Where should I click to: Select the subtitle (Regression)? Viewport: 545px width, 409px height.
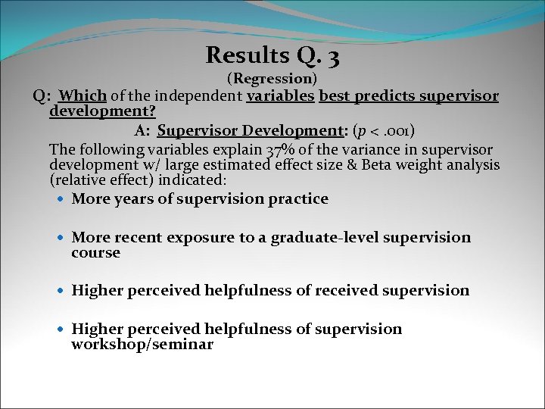coord(272,78)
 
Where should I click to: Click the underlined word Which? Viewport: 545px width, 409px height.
coord(83,96)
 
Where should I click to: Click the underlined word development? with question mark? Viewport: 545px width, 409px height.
coord(102,111)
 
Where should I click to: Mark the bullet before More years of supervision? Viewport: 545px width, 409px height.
coord(61,199)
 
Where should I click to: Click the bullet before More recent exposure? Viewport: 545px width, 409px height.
coord(61,238)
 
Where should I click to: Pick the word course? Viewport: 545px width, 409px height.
coord(95,253)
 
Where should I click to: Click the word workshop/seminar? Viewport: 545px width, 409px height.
coord(142,345)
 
